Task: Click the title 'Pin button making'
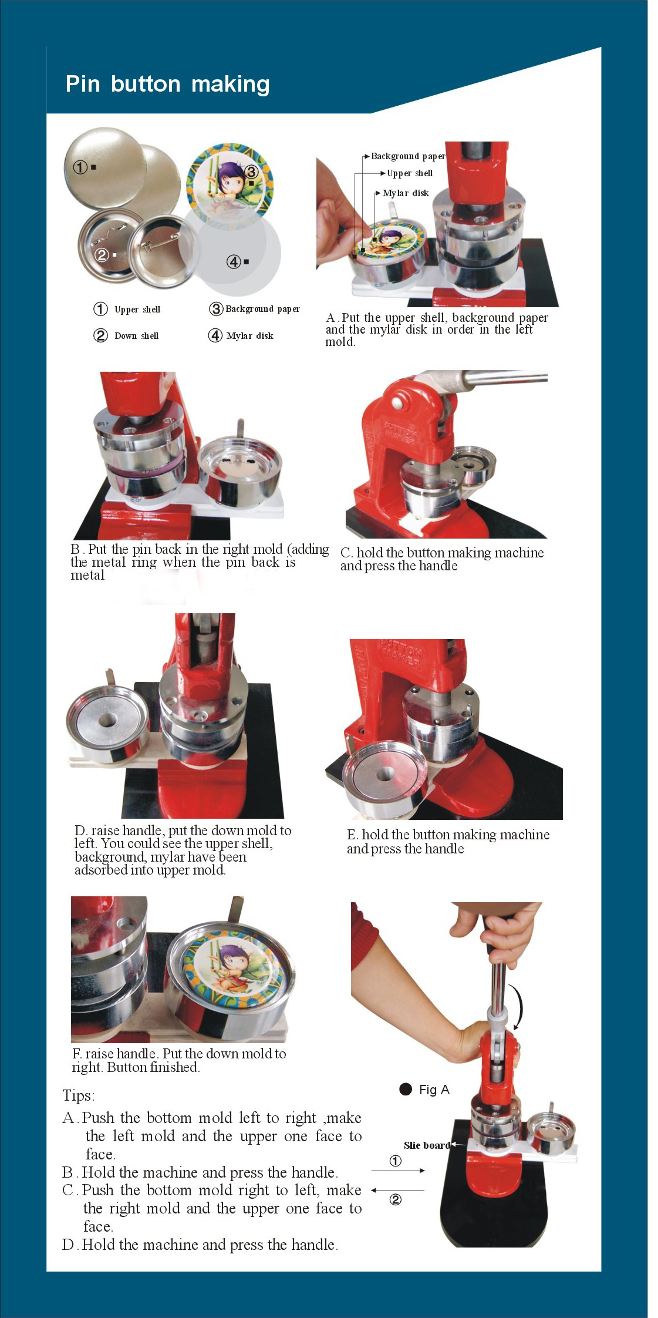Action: [167, 84]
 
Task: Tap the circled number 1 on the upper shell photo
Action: [80, 167]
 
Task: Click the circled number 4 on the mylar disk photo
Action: [233, 261]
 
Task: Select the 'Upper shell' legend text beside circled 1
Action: [137, 310]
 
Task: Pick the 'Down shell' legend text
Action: [137, 336]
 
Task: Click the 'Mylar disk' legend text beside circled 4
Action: [249, 336]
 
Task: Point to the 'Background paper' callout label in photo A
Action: [408, 156]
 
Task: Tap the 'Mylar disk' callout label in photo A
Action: [406, 193]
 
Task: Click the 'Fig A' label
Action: [434, 1090]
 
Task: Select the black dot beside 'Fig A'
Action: [406, 1089]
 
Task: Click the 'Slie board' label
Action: [427, 1145]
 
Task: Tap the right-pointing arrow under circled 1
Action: [398, 1171]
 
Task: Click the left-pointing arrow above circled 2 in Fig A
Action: [398, 1190]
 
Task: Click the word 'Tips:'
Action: [79, 1096]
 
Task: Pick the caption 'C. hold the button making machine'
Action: [442, 553]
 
